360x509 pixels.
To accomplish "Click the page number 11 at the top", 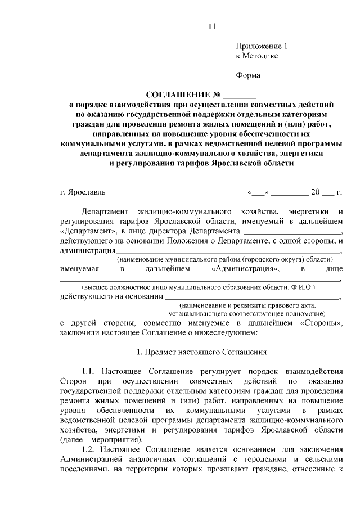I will (x=211, y=26).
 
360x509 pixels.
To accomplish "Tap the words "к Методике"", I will (x=256, y=56).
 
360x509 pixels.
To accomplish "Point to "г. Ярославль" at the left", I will (x=82, y=192).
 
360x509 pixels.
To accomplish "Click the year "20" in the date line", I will (x=315, y=192).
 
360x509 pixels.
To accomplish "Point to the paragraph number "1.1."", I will (x=91, y=372).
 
